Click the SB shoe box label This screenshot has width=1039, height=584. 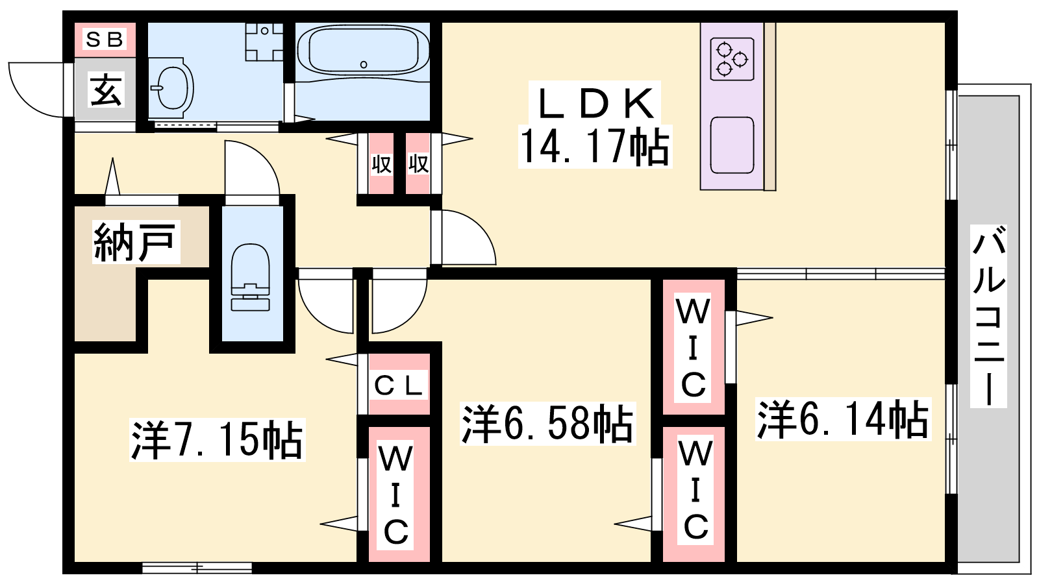[105, 40]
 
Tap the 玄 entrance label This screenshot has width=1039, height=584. [106, 90]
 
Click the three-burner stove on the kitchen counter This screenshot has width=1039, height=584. [732, 59]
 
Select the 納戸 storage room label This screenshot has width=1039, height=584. [135, 242]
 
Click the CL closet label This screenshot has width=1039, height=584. [399, 386]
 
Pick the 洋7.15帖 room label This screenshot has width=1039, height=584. [217, 440]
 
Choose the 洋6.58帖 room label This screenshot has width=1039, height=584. [547, 424]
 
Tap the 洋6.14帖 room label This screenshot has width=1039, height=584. [842, 419]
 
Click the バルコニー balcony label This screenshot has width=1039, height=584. [988, 315]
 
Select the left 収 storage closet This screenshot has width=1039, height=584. [381, 164]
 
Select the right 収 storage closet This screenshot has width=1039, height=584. [418, 164]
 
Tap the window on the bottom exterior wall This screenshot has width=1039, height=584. [197, 568]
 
